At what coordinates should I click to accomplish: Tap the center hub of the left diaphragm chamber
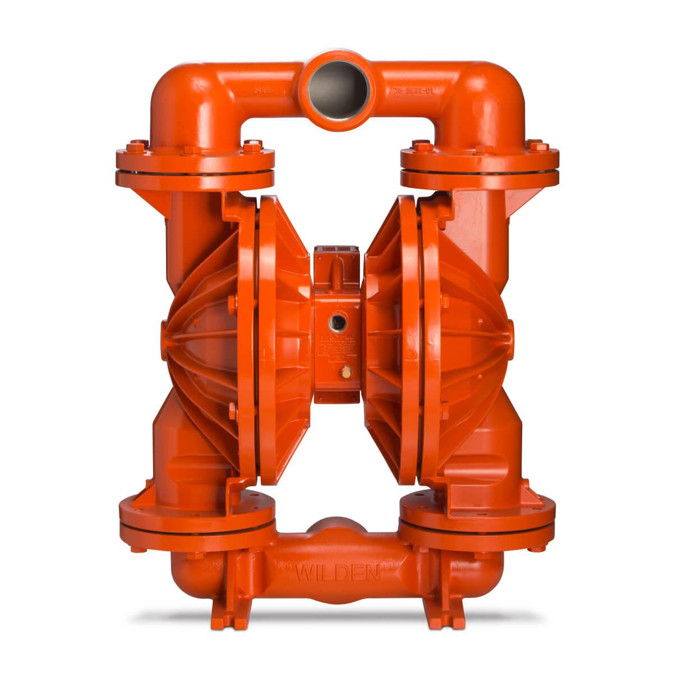[168, 331]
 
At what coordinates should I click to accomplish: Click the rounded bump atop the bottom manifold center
[336, 527]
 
